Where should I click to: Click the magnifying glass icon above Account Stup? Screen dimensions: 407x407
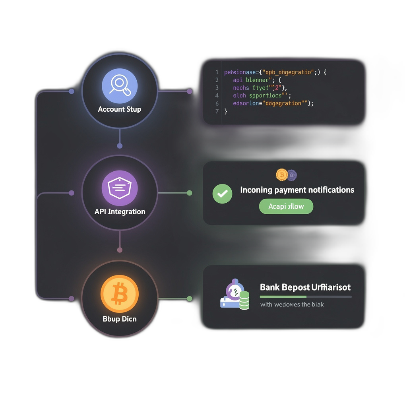tap(119, 85)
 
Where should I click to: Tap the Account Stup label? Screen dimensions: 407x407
tap(119, 109)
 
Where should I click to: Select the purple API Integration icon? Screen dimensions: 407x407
tap(119, 188)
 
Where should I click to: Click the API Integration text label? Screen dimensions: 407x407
tap(120, 211)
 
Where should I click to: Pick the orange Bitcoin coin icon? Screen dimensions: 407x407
tap(119, 294)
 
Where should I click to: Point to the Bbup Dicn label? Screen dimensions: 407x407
tap(119, 319)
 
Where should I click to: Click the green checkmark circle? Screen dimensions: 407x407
tap(222, 194)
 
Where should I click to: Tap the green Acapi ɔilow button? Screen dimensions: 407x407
tap(286, 206)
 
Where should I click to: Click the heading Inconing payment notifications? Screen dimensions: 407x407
tap(297, 190)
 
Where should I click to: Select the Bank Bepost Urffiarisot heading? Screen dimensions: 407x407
tap(305, 287)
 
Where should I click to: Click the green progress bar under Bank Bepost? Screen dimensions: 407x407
tap(283, 297)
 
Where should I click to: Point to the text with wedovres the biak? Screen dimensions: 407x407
tap(292, 304)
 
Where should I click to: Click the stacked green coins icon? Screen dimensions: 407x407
tap(244, 301)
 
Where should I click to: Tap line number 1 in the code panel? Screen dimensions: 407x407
tap(217, 72)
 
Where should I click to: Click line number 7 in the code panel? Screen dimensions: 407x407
tap(217, 111)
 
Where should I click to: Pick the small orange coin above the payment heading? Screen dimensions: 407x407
tap(281, 174)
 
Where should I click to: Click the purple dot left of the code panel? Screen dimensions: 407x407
tap(190, 91)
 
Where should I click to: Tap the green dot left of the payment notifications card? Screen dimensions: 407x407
tap(190, 193)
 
